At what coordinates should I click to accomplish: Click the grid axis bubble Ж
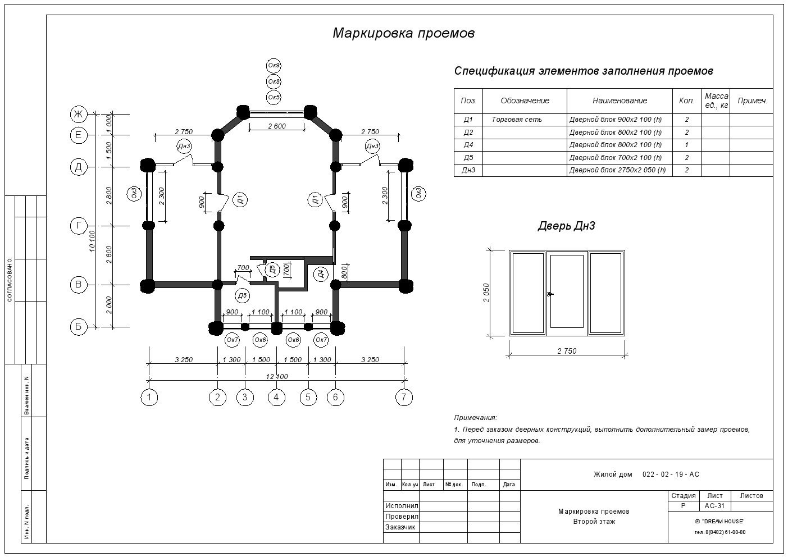click(79, 114)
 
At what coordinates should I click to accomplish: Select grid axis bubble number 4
click(276, 398)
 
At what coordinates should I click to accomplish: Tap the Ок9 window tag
click(274, 65)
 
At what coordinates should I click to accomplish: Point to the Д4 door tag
click(321, 274)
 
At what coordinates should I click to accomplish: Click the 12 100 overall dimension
click(277, 377)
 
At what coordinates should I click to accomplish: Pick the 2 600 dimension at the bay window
click(277, 126)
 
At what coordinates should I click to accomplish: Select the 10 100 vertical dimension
click(92, 241)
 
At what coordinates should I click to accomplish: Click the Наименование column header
click(620, 101)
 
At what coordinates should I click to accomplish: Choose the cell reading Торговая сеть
click(517, 120)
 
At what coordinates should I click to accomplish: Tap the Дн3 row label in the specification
click(468, 170)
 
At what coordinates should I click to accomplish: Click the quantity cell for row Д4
click(687, 145)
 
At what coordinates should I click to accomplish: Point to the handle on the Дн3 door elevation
click(550, 294)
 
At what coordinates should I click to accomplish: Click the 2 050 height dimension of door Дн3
click(486, 293)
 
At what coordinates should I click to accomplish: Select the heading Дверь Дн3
click(566, 226)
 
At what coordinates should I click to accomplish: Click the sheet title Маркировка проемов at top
click(404, 33)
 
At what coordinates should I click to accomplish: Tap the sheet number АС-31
click(715, 506)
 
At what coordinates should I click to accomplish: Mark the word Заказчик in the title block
click(400, 527)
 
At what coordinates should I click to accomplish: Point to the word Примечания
click(475, 418)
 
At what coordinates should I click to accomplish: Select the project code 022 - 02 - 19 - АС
click(671, 474)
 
